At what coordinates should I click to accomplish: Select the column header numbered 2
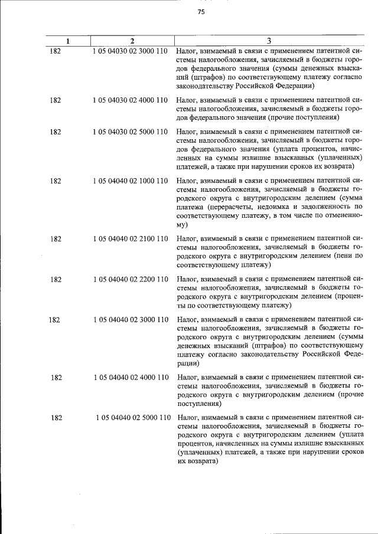coord(132,41)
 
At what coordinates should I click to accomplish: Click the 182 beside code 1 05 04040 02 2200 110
coord(55,279)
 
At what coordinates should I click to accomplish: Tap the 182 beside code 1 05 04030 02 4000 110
coord(55,100)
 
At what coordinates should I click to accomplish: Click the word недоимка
coord(276,207)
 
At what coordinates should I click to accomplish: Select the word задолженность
coord(326,207)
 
